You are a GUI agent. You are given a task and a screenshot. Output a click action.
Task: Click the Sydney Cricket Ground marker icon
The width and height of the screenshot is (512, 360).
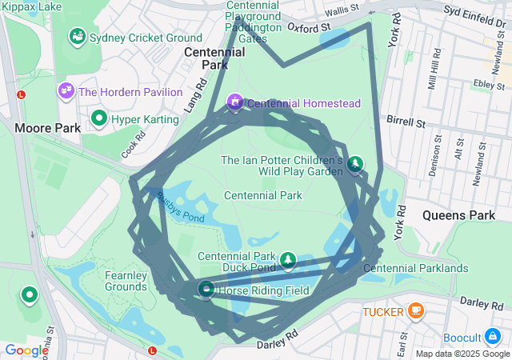pos(78,36)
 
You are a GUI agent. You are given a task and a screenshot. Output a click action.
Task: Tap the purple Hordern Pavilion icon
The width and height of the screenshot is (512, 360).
pos(66,91)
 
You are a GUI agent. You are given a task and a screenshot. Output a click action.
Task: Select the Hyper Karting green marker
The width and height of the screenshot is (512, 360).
pos(99,119)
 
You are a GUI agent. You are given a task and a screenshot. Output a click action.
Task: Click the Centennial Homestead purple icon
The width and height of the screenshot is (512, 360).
pos(235,102)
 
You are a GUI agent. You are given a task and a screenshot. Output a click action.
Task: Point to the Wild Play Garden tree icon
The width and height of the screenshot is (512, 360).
pos(354,164)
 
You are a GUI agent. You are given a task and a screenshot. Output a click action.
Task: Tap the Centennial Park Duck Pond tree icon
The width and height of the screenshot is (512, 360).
pos(287,261)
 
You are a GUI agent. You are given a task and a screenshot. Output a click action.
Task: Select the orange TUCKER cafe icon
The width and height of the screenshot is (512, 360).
pos(414,310)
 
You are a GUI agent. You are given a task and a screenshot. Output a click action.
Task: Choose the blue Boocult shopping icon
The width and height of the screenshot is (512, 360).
pos(496,337)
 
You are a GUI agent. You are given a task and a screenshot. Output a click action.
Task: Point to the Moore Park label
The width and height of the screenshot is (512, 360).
pos(47,127)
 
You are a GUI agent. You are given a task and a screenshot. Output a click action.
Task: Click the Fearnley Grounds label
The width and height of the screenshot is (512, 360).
pos(126,281)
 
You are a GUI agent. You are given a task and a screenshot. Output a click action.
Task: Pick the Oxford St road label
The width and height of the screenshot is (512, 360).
pos(309,27)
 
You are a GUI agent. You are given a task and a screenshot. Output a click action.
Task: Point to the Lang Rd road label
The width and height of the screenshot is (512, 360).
pos(195,97)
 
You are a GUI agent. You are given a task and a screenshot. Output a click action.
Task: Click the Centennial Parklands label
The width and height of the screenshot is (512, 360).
pos(415,268)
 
